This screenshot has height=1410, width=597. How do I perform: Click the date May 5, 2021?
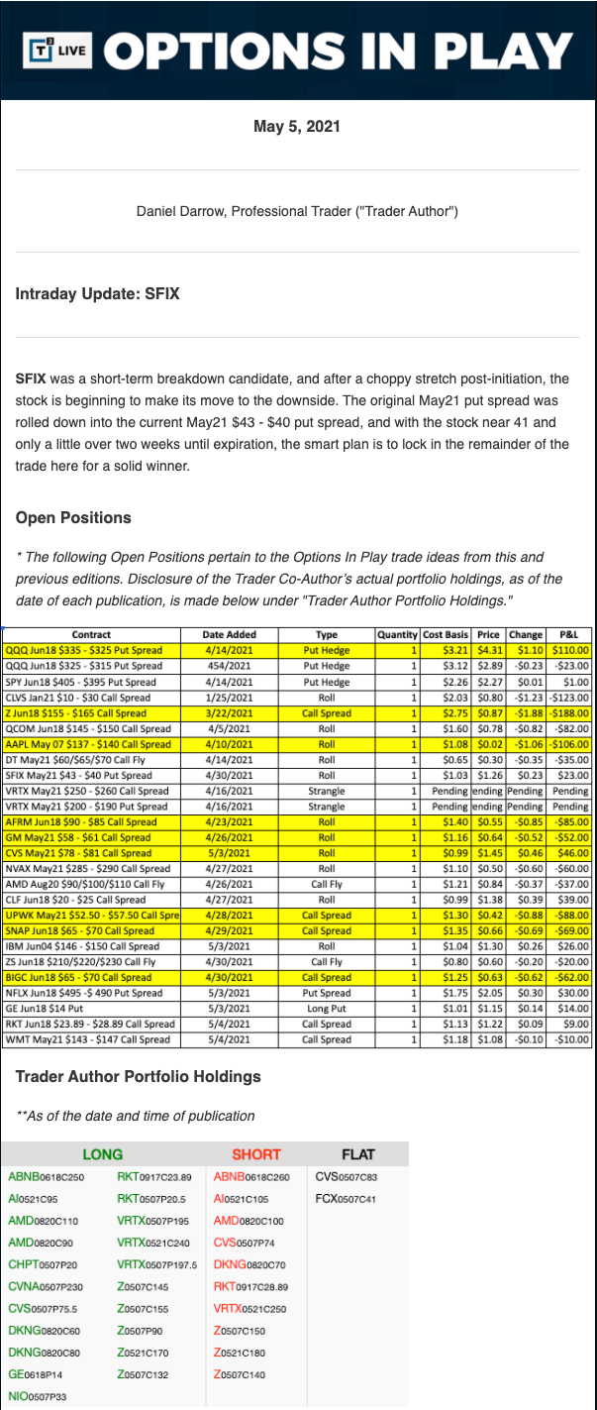[298, 126]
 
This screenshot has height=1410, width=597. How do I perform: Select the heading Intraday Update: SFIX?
[97, 294]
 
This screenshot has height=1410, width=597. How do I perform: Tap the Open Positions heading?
[73, 517]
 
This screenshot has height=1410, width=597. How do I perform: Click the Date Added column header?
[229, 634]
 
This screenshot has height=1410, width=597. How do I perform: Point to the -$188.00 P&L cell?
[569, 712]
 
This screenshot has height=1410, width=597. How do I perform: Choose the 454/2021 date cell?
[229, 666]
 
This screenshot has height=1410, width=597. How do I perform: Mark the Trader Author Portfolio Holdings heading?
[139, 1076]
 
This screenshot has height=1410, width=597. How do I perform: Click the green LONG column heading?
[102, 1154]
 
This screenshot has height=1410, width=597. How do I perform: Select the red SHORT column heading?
[256, 1154]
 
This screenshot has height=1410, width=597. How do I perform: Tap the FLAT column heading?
[357, 1154]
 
